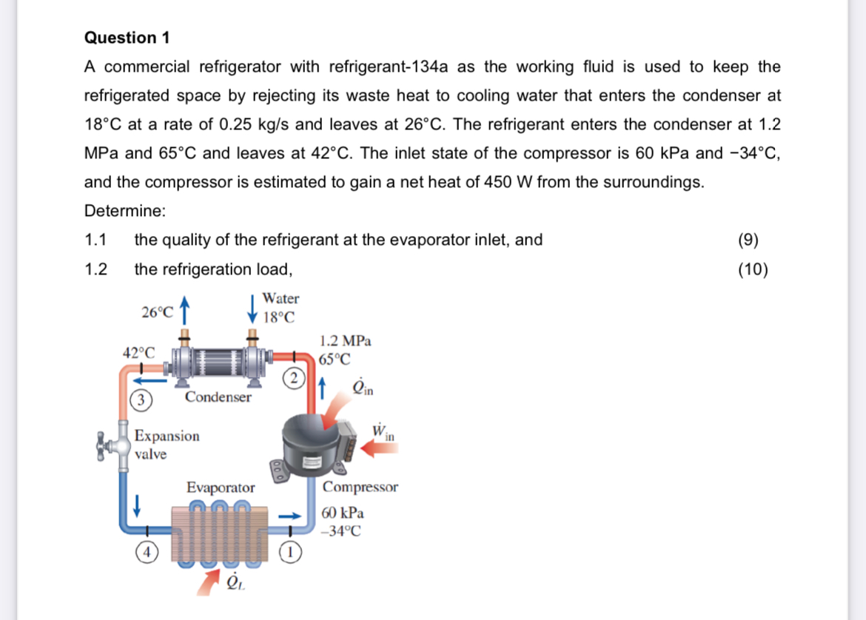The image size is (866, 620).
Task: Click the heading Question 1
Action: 127,38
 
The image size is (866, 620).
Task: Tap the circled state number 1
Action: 290,552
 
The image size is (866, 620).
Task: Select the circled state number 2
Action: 294,378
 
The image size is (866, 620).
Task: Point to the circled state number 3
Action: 141,400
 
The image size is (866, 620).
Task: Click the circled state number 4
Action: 147,552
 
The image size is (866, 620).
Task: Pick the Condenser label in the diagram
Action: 218,397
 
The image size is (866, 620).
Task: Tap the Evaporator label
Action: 221,488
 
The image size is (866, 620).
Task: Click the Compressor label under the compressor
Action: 360,487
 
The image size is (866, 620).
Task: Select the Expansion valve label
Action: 167,445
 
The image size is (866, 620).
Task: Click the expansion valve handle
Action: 101,446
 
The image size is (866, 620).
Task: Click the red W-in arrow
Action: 379,448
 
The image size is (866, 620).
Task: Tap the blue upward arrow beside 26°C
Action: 184,310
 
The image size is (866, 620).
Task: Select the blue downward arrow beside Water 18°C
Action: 252,309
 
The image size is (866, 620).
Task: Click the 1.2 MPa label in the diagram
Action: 345,340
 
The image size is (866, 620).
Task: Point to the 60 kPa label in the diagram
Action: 343,513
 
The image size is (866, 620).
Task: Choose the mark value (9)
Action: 748,240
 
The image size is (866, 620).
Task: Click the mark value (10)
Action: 753,269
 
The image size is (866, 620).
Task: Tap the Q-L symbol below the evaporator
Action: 235,582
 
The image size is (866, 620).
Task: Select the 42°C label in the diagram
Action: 138,353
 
